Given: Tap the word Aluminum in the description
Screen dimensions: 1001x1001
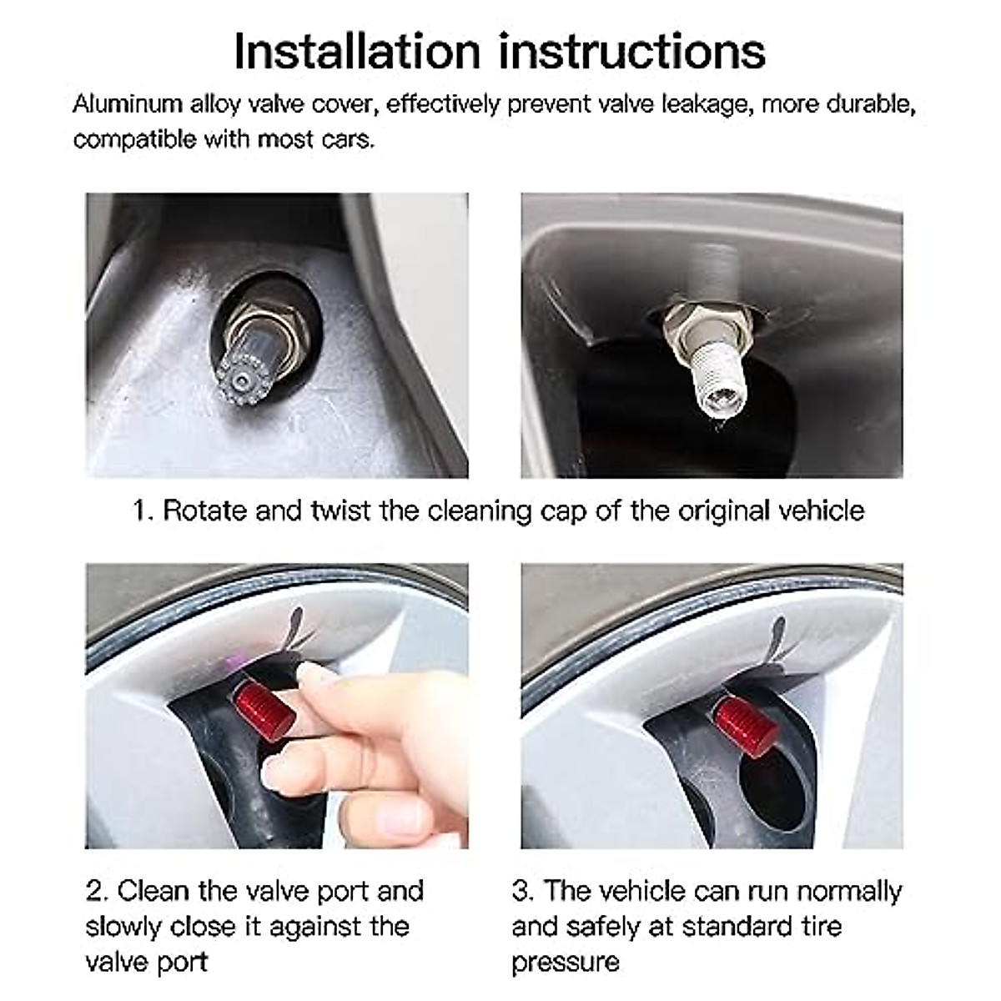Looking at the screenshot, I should [x=127, y=104].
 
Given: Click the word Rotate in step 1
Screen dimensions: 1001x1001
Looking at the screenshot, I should [x=205, y=510].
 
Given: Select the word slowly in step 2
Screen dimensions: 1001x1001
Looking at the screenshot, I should [x=124, y=927].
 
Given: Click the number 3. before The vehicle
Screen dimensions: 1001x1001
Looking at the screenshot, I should [x=523, y=891].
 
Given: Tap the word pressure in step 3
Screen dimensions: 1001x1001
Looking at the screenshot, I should [x=566, y=963].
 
